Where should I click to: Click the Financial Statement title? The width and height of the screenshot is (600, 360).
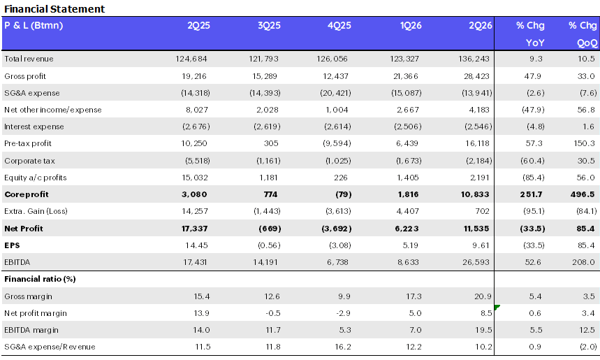point(54,9)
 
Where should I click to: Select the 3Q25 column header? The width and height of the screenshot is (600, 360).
point(269,26)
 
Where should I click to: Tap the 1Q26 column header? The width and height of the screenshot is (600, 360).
point(411,26)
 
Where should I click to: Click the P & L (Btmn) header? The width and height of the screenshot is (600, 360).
point(34,26)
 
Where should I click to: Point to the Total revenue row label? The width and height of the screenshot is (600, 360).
point(29,59)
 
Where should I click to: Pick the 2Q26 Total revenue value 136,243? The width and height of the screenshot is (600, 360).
point(474,59)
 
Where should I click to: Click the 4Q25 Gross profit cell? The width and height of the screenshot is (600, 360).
point(335,76)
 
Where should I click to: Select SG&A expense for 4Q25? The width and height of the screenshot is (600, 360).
point(335,93)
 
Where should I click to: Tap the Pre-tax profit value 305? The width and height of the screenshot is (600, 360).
point(271,143)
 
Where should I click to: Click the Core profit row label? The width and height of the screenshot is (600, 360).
point(27,194)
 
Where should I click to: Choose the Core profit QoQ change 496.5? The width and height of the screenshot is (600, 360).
point(583,194)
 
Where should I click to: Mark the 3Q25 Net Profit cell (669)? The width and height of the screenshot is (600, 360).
point(270,229)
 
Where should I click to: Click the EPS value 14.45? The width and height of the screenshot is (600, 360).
point(196,245)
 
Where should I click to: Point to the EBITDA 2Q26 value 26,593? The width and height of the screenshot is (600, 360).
point(476,262)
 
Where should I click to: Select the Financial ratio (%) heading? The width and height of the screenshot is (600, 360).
point(40,279)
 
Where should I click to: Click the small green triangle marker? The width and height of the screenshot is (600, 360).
point(497,307)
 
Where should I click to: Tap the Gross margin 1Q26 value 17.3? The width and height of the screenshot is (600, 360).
point(414,296)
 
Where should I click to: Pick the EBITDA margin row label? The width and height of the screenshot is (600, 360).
point(31,330)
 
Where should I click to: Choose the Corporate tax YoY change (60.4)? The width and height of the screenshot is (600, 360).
point(532,161)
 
